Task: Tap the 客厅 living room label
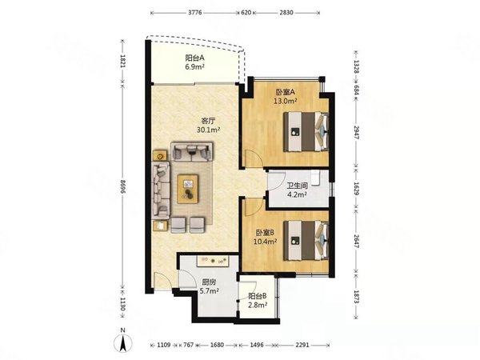(x=208, y=120)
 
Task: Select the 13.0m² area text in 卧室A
(x=285, y=101)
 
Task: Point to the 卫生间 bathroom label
(x=298, y=186)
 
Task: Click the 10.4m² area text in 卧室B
(x=265, y=242)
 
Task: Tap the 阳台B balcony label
(x=258, y=296)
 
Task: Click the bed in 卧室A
(x=306, y=132)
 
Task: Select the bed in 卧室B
(x=306, y=241)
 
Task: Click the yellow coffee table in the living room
(x=188, y=189)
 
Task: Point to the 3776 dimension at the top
(x=195, y=13)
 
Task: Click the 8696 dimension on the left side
(x=122, y=186)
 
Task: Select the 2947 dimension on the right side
(x=356, y=132)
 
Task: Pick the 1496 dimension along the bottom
(x=257, y=345)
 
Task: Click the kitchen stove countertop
(x=213, y=261)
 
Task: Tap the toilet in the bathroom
(x=316, y=178)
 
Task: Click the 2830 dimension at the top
(x=286, y=13)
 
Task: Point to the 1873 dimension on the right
(x=356, y=297)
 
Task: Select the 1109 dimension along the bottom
(x=164, y=345)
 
